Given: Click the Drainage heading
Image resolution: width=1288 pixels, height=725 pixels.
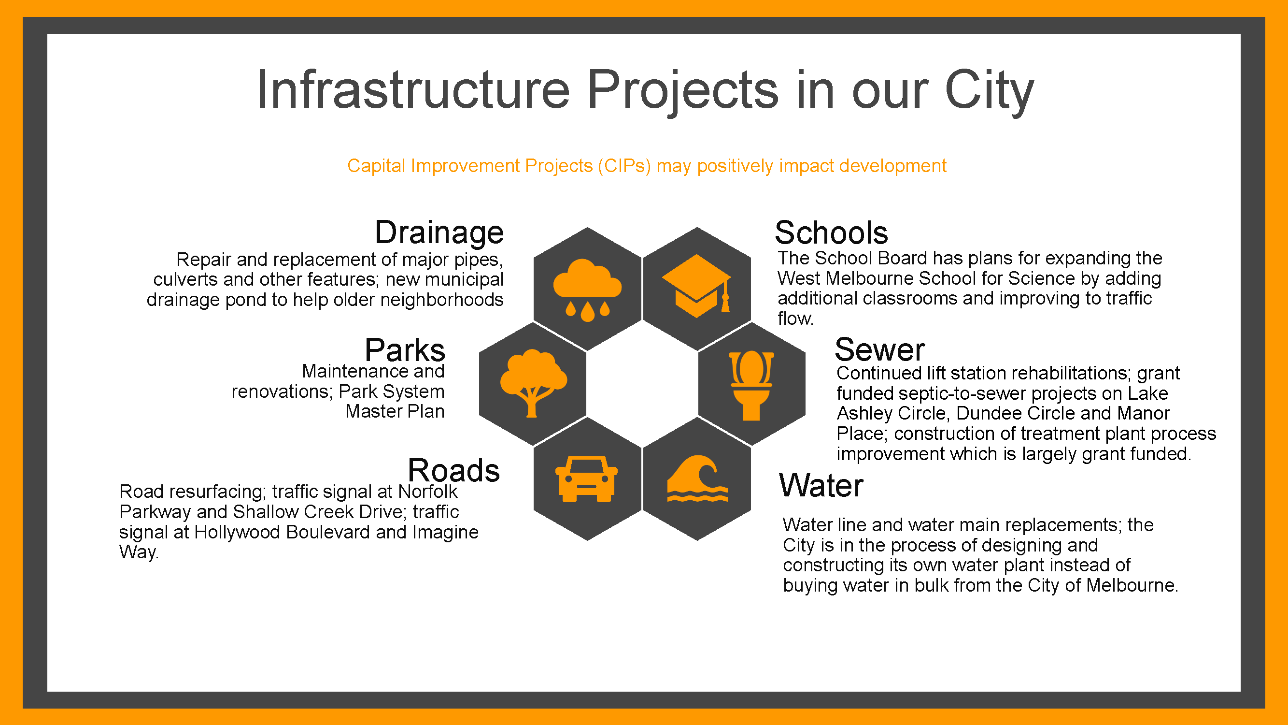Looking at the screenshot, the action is [439, 233].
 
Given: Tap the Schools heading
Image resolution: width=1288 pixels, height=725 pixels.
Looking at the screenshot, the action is [831, 232].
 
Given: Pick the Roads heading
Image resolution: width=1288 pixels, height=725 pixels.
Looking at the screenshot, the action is [453, 470].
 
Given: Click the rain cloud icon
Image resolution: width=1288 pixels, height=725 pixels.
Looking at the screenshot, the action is [588, 290].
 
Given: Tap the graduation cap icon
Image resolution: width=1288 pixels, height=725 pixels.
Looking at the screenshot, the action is [696, 286].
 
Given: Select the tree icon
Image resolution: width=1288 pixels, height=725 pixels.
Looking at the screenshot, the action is [534, 383].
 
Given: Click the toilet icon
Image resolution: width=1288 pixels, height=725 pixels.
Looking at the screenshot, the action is [751, 386].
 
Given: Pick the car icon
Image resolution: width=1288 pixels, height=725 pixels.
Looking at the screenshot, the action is [586, 479].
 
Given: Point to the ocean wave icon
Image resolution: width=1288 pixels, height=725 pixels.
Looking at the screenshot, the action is [697, 478].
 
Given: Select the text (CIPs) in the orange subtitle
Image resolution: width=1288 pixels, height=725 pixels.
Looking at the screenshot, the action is [624, 166].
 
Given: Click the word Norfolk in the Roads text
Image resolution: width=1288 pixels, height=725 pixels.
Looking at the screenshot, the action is [427, 492].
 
